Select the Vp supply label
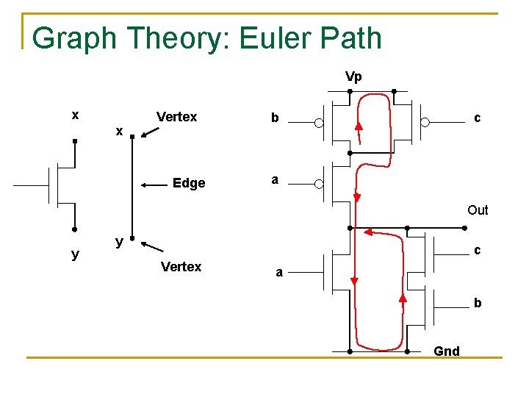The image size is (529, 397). (353, 76)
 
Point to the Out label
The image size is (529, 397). (478, 210)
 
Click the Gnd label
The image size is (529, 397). (447, 351)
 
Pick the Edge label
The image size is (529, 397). (189, 183)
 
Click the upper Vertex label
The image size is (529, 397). (177, 117)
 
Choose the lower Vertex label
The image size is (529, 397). (181, 267)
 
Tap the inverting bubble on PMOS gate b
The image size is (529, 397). (318, 123)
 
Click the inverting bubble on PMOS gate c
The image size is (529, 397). (425, 123)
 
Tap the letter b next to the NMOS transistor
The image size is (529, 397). (478, 302)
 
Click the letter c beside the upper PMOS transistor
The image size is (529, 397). (478, 118)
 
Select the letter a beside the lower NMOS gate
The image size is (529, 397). (279, 273)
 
